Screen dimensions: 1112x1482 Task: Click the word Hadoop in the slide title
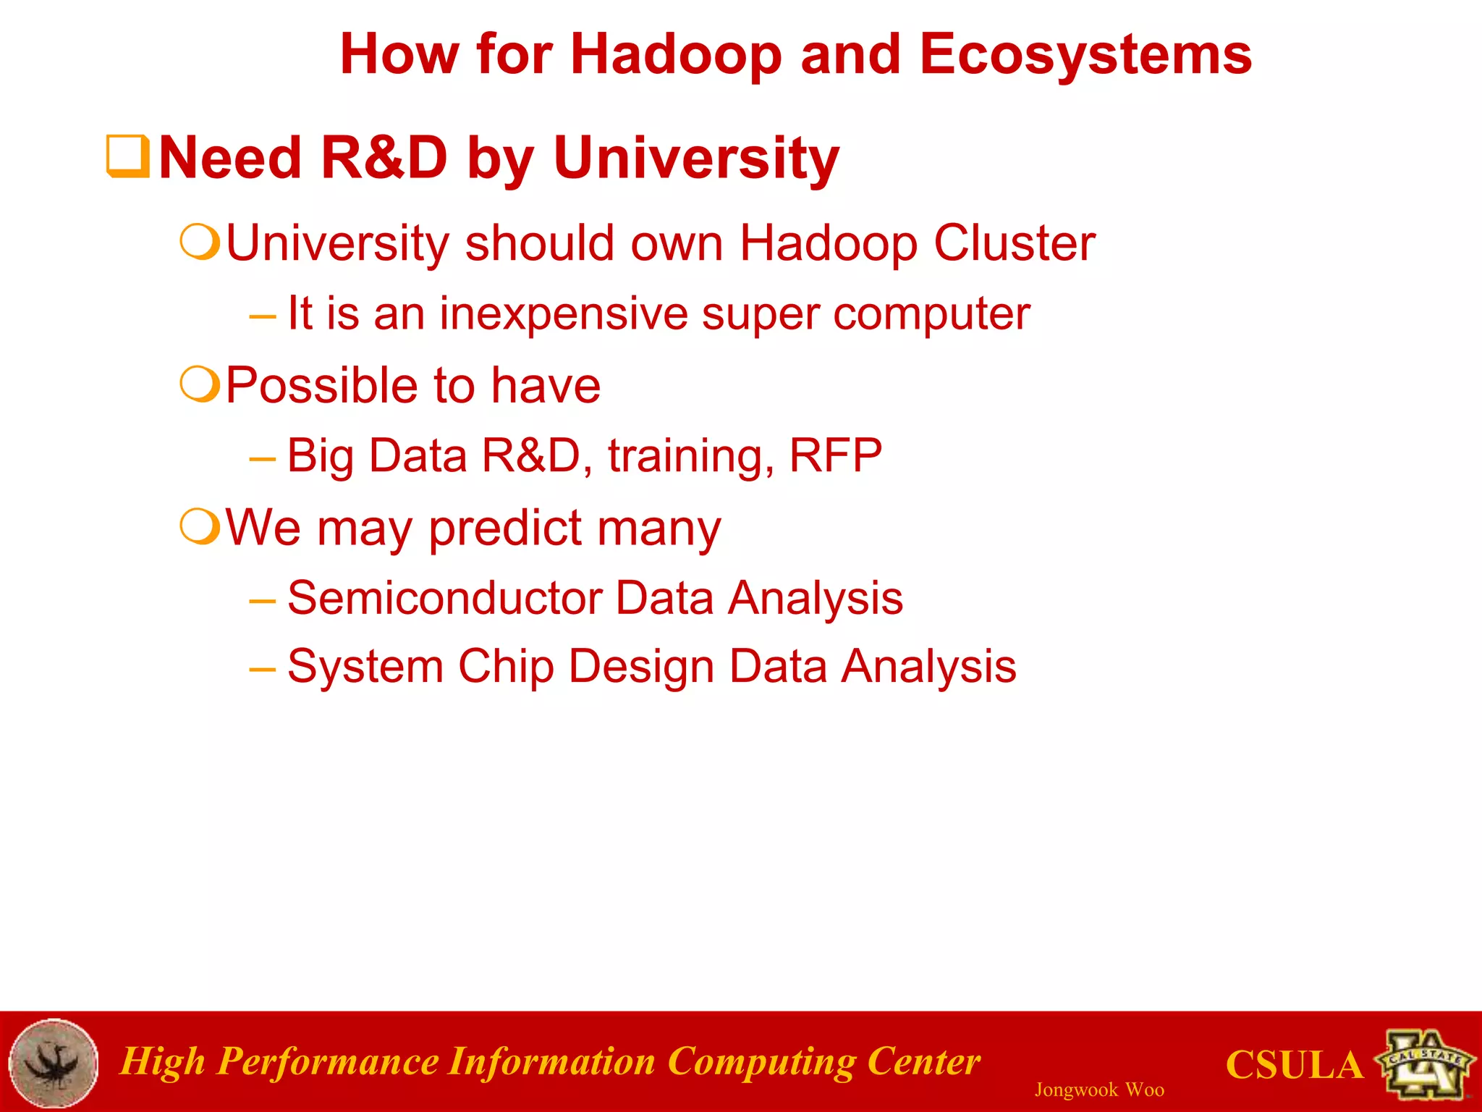tap(676, 55)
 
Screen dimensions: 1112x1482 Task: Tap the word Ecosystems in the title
tap(1085, 55)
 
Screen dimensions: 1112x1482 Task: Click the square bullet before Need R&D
tap(127, 156)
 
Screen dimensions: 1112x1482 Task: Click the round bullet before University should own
tap(199, 242)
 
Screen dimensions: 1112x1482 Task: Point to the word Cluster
tap(1014, 243)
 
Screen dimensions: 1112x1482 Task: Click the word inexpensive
tap(564, 314)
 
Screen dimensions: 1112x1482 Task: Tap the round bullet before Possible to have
tap(199, 384)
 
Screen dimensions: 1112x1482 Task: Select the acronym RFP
tap(835, 456)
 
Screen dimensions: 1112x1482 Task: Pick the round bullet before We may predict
tap(199, 526)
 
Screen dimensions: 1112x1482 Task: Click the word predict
tap(505, 528)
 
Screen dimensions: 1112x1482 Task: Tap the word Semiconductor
tap(444, 598)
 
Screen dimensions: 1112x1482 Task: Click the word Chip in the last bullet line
tap(506, 667)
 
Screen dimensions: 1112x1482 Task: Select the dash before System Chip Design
tap(262, 668)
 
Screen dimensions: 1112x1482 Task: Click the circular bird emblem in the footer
tap(54, 1063)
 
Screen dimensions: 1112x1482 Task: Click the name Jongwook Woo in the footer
tap(1098, 1090)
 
